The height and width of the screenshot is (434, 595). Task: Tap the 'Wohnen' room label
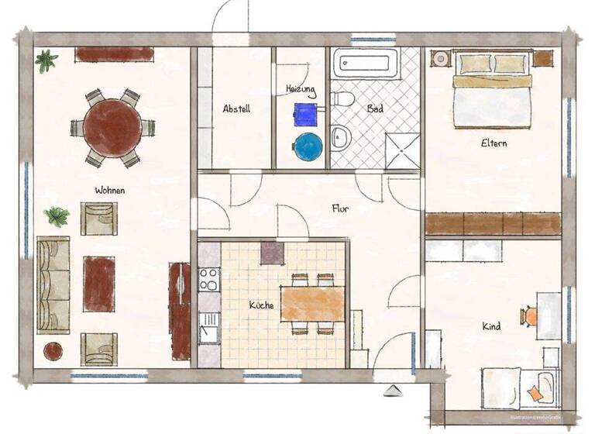point(110,190)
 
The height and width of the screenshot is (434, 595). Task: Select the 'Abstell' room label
point(236,109)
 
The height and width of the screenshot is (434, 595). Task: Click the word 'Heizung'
point(301,90)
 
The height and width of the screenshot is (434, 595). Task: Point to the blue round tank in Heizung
point(308,146)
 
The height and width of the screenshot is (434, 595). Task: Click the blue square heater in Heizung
point(306,115)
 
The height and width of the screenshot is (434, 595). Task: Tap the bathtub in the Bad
point(366,64)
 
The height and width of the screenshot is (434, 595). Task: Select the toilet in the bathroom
point(342,98)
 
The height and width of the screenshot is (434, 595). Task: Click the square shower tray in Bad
point(403,150)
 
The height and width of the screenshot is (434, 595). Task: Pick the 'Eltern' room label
point(494,143)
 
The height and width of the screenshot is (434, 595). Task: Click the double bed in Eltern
point(492,91)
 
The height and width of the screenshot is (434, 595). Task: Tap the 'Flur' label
point(340,208)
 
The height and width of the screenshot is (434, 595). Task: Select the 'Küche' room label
point(261,305)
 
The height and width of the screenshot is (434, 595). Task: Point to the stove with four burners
point(209,279)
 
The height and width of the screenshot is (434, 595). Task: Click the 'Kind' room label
point(491,326)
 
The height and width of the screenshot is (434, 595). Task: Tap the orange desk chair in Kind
point(531,316)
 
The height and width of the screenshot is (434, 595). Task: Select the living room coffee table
point(99,284)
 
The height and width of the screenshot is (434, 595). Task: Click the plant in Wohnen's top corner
point(46,59)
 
